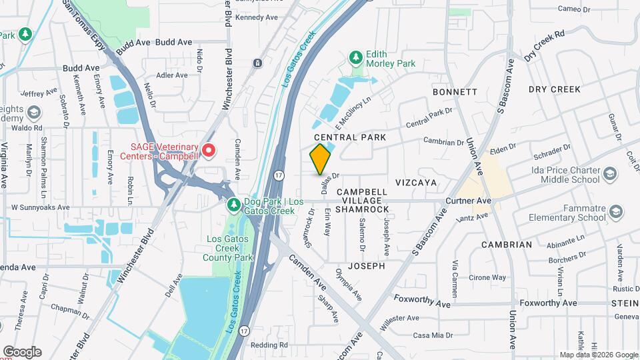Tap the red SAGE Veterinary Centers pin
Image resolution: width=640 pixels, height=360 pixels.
[209, 151]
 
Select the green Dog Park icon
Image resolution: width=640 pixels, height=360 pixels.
[233, 203]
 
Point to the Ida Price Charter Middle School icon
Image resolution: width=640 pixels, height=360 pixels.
[609, 175]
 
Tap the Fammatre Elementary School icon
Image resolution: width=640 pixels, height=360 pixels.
[617, 212]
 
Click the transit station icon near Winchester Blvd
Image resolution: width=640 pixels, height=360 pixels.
[257, 63]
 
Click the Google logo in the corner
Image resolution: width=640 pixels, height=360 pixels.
[22, 351]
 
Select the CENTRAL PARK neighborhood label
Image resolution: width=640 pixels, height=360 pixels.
[350, 137]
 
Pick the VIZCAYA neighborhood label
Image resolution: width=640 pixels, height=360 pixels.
[415, 182]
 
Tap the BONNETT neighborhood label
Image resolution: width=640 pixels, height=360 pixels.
[455, 91]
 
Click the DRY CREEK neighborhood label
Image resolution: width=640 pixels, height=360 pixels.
[554, 89]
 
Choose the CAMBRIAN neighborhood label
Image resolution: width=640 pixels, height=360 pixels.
[507, 245]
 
